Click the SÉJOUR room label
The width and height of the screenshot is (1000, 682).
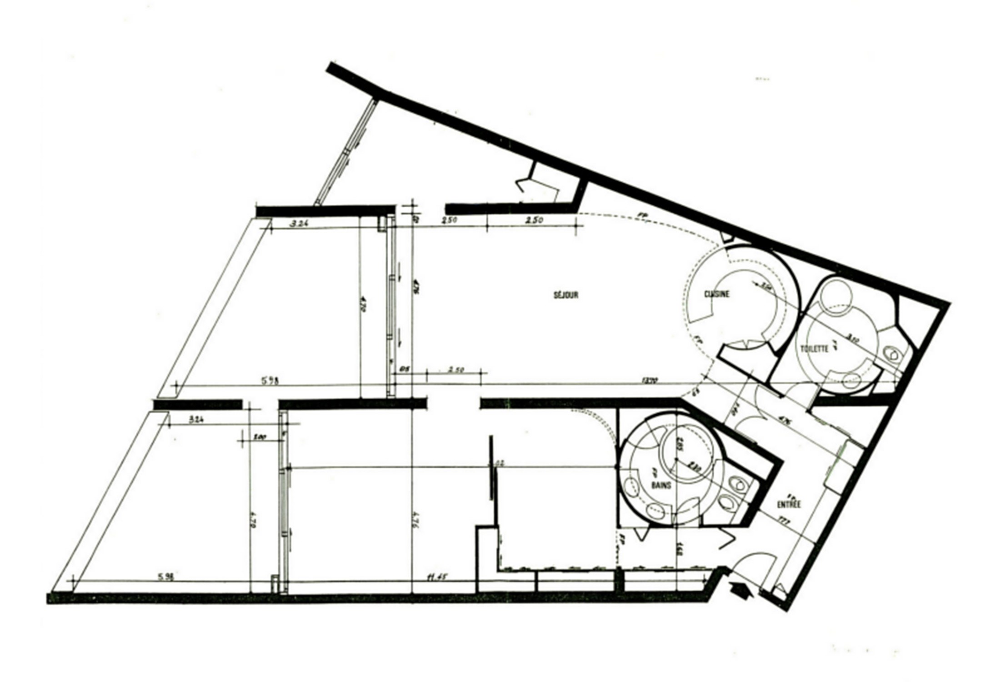pos(566,295)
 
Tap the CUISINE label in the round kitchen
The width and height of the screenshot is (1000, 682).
pos(717,294)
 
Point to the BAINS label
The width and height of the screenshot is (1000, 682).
pos(661,485)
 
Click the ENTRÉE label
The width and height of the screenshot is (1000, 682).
pos(789,504)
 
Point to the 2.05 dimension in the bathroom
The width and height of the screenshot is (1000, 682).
pos(680,442)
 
